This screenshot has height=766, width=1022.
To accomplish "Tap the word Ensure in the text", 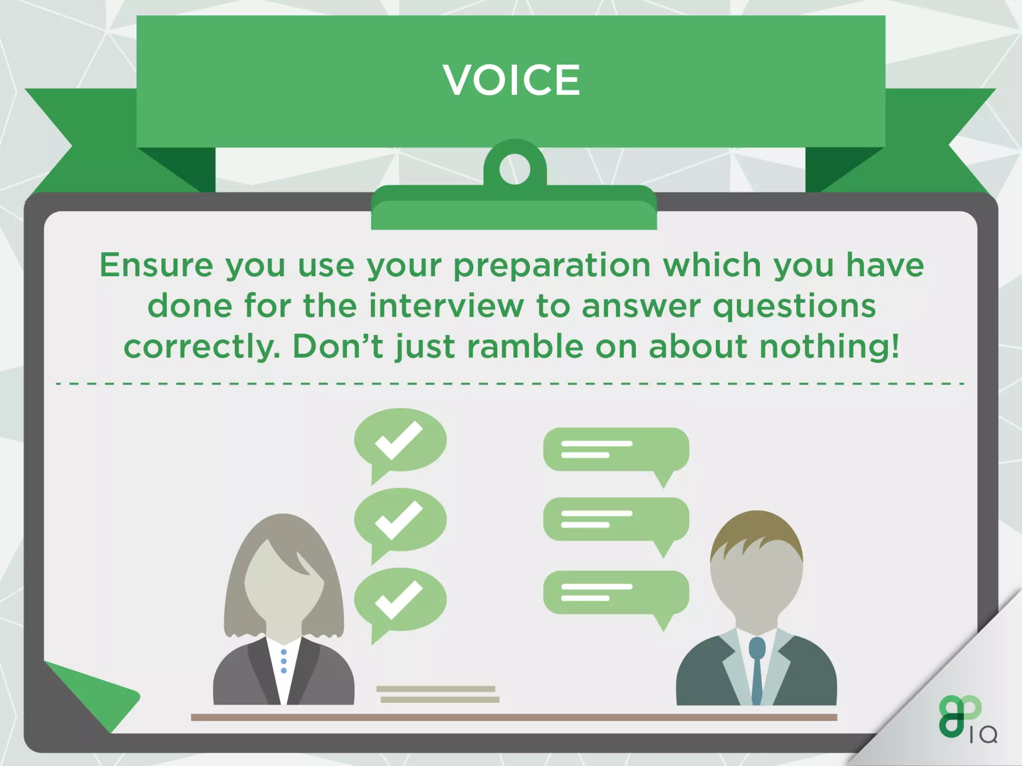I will coord(156,265).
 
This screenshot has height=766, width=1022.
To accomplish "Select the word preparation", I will coord(552,266).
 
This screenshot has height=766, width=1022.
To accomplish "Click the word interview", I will coord(447,306).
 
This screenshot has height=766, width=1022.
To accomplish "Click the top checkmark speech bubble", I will coord(400,440).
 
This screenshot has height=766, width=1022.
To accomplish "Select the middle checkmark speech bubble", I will coord(400,520).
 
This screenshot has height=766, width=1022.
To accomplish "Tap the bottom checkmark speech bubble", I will coord(400,599).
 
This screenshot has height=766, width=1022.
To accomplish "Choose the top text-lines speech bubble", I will coord(616,449).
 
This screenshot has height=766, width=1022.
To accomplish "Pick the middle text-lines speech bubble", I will coord(616,519).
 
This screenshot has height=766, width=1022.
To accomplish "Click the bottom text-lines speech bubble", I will coord(616,592).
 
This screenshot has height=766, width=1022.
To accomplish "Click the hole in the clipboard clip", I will coord(514,169).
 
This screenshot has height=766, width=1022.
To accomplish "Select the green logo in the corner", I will coord(961,718).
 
